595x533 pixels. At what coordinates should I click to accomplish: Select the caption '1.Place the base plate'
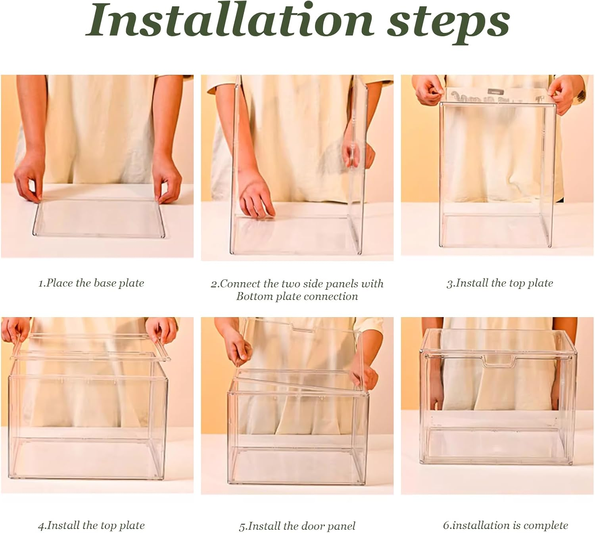[x=91, y=283]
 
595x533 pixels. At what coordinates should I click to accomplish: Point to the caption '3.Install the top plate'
[x=500, y=283]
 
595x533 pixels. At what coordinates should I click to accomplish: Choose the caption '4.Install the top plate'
[x=91, y=525]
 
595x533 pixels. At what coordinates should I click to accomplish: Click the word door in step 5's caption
[x=306, y=526]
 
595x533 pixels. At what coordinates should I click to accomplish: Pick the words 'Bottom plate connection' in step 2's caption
[x=297, y=296]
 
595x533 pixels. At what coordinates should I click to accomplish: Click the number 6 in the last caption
[x=445, y=525]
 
